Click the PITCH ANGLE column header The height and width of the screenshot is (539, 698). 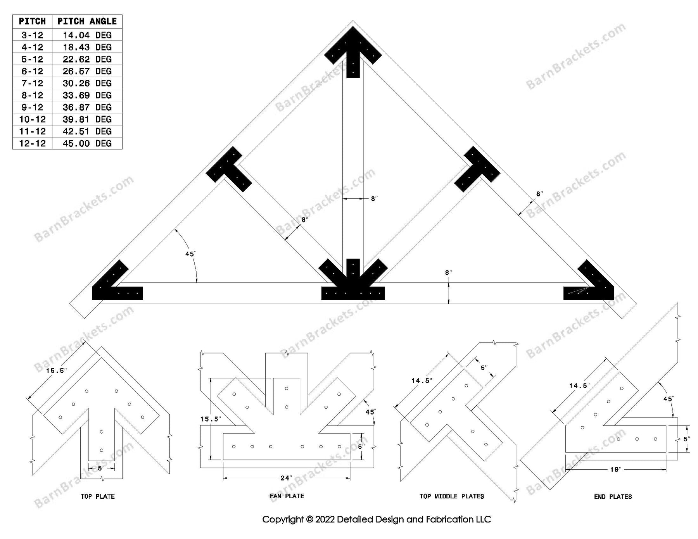pos(87,21)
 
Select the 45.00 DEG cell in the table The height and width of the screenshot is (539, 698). pos(87,143)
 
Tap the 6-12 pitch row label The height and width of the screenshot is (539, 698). pos(32,71)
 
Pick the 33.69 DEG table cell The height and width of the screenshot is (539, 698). pos(87,95)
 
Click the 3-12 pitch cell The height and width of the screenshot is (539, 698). pos(32,35)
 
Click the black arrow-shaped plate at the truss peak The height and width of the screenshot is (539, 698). pos(353,50)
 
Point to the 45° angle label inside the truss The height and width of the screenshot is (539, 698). pos(190,254)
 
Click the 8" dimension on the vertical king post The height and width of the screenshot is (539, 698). pos(374,199)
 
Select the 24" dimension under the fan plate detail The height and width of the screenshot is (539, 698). pos(286,478)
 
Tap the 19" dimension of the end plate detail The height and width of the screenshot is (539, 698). pos(615,469)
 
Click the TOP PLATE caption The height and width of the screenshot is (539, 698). pos(98,496)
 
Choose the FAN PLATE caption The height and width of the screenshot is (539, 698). pos(287,496)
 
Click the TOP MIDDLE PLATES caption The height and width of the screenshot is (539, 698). pos(452,496)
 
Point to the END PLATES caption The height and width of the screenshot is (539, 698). pos(613,497)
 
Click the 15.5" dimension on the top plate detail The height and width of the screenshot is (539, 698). pos(56,370)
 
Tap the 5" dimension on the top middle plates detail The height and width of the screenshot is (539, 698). pos(484,367)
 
